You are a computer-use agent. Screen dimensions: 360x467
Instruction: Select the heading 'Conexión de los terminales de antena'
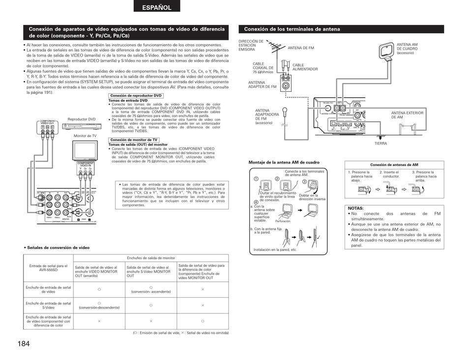pos(292,29)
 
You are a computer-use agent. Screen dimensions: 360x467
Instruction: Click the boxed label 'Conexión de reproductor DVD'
pos(136,96)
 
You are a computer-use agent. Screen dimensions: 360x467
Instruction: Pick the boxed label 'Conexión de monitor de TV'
pos(134,140)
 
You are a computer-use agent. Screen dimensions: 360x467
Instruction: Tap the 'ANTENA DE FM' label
pos(300,48)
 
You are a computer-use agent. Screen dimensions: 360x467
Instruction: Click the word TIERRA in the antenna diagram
pos(380,143)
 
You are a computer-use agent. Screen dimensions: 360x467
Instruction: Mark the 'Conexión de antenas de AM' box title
pos(394,165)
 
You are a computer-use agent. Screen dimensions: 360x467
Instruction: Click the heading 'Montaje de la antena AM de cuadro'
pos(284,163)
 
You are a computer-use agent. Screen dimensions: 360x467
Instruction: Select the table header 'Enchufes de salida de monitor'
pos(151,258)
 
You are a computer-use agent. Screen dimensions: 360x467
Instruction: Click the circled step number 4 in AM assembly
pos(256,202)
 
